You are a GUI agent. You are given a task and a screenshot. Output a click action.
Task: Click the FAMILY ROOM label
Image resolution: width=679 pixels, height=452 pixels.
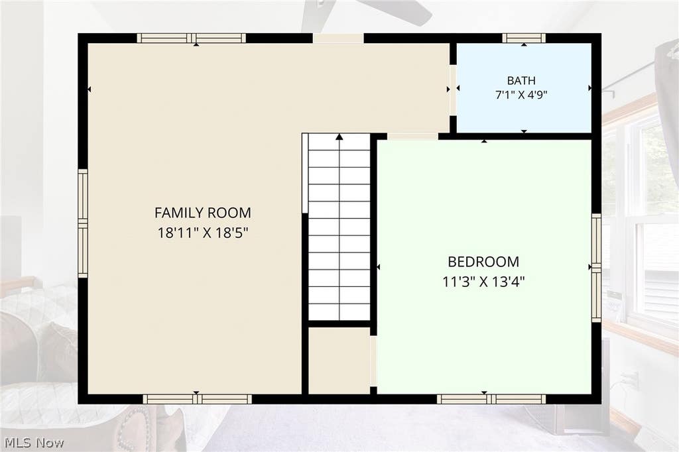203,213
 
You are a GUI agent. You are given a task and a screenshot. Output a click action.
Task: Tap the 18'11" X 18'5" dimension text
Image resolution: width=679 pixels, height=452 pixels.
203,233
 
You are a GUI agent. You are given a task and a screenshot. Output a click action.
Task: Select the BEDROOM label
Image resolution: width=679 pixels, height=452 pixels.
483,262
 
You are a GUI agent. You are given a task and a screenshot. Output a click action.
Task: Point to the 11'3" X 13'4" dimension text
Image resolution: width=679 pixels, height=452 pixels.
483,282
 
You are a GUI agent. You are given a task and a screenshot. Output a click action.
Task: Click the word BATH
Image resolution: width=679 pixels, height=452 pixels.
521,81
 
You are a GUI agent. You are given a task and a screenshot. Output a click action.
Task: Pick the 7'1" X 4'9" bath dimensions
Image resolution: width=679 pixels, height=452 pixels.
521,95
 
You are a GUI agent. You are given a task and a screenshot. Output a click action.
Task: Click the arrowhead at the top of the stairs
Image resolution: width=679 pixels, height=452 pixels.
339,137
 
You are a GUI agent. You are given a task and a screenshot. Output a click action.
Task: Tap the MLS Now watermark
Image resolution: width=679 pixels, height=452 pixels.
34,443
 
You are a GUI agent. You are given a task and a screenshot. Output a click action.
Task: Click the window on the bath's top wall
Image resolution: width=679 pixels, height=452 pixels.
524,38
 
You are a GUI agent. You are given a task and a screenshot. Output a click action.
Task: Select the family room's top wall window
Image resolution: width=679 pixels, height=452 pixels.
192,38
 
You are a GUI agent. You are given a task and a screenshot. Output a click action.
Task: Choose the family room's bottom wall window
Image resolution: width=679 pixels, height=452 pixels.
198,399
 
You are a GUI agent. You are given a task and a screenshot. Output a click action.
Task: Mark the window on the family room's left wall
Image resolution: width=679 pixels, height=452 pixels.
83,223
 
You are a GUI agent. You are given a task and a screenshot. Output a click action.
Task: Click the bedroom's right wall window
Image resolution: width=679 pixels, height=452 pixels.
596,267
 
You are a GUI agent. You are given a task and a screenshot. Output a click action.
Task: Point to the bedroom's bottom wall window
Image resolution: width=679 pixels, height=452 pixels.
491,399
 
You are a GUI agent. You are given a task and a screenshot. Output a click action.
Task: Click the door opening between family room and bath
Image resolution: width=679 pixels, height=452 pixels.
453,89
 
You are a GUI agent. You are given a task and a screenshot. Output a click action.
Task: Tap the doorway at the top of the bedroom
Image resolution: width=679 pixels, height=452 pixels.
412,137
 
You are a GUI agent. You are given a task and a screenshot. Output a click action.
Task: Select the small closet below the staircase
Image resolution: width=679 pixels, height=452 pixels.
339,361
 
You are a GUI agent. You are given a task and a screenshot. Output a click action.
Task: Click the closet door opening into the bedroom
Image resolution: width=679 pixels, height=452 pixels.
373,361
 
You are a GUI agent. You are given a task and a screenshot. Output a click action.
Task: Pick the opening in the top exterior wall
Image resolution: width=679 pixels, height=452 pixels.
338,38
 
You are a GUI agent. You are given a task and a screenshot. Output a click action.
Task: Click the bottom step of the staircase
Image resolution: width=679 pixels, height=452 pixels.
339,311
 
